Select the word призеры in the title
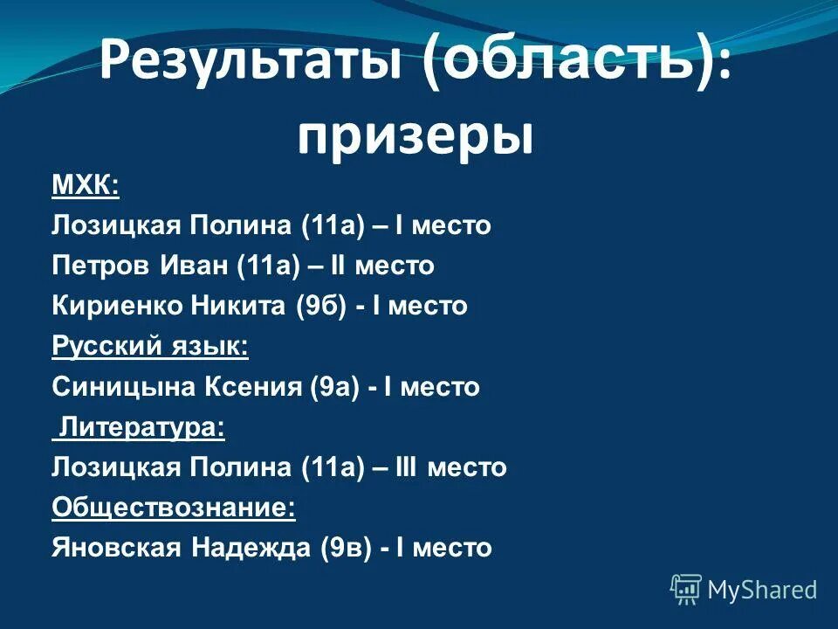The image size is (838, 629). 415,138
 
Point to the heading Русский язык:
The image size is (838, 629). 150,346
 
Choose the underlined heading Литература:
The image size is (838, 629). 141,427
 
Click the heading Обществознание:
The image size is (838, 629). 173,508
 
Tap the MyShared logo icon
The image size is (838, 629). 686,590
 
